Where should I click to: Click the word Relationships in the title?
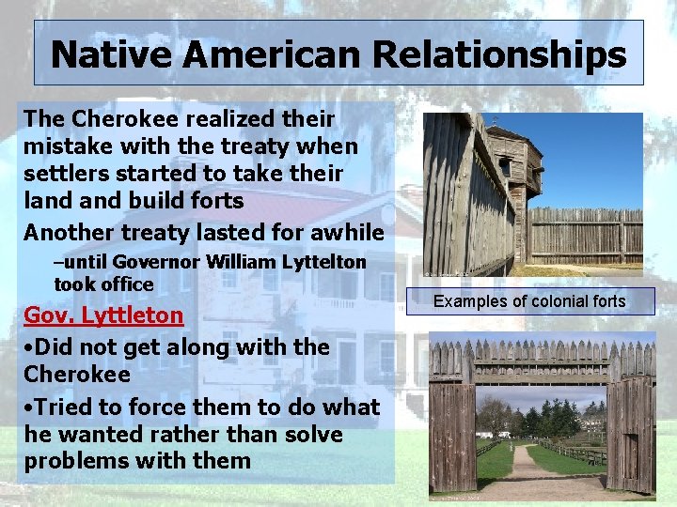tap(499, 54)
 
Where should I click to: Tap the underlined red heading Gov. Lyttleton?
tap(103, 315)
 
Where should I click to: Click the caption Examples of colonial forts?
tap(529, 301)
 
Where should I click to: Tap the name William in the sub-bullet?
tap(236, 263)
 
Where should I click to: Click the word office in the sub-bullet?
tap(126, 284)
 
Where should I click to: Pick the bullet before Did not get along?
tap(29, 347)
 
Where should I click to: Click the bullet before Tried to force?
tap(29, 407)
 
